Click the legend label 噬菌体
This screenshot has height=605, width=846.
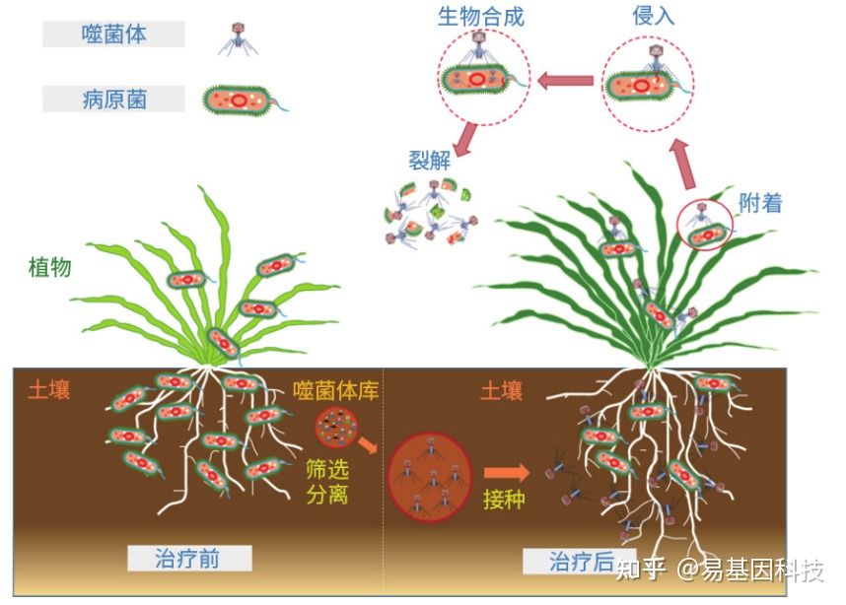(x=113, y=34)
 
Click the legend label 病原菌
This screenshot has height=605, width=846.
(x=113, y=99)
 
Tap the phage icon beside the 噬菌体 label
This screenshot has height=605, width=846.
(x=237, y=36)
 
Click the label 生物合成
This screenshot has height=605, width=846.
(x=482, y=17)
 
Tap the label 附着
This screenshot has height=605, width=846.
(x=760, y=203)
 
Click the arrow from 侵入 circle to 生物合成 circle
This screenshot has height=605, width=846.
(x=565, y=82)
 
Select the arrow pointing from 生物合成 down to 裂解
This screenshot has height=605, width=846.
(x=458, y=136)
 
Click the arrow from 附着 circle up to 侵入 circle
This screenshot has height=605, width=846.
(x=680, y=163)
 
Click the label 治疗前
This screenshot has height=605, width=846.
(x=187, y=560)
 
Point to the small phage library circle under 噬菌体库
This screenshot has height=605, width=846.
(x=333, y=430)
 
